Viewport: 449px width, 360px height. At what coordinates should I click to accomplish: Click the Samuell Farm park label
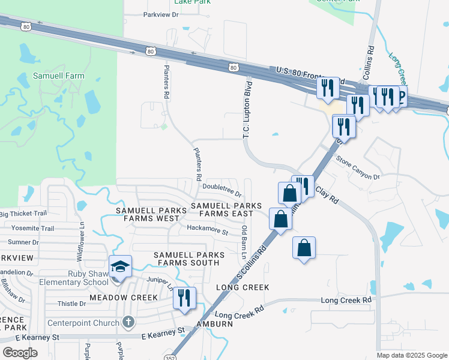click(x=58, y=76)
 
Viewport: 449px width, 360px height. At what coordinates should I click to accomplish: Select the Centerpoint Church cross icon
click(x=127, y=322)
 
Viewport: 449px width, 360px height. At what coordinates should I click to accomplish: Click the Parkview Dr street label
click(x=161, y=14)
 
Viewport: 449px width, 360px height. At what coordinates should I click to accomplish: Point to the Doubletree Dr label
click(x=221, y=194)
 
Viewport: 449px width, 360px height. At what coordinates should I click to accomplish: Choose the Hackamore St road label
click(x=208, y=232)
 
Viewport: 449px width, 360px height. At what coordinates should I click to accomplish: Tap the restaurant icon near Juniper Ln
click(x=184, y=298)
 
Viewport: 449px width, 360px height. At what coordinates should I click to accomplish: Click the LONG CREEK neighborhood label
click(x=243, y=287)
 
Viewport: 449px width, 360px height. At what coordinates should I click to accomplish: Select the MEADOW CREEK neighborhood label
click(x=123, y=298)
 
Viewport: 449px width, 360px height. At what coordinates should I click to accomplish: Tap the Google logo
click(x=20, y=352)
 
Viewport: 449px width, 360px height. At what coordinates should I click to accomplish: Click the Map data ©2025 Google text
click(x=411, y=355)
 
